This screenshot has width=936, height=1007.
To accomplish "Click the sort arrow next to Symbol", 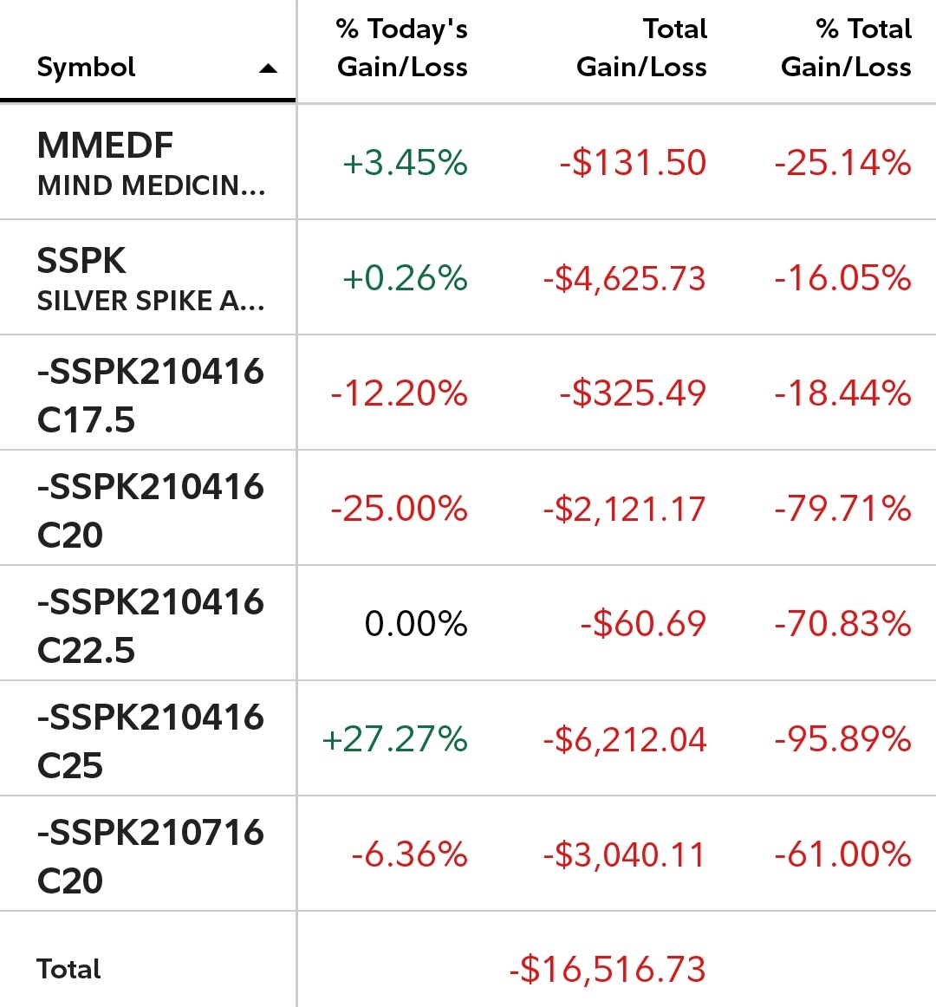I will pyautogui.click(x=269, y=68).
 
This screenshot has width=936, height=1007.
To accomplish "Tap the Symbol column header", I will pyautogui.click(x=87, y=68).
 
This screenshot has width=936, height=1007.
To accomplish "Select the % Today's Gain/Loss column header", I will pyautogui.click(x=402, y=49).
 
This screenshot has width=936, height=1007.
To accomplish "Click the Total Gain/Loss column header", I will pyautogui.click(x=641, y=49).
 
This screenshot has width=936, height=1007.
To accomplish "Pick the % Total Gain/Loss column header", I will pyautogui.click(x=846, y=49).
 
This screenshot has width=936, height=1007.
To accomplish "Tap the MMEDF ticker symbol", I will pyautogui.click(x=106, y=146).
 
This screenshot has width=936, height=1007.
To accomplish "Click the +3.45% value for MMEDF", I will pyautogui.click(x=405, y=163).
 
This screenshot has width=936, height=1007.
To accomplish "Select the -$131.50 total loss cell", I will pyautogui.click(x=633, y=163).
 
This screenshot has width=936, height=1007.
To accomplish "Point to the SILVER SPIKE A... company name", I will pyautogui.click(x=151, y=301).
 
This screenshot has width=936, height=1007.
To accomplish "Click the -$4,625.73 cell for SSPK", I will pyautogui.click(x=625, y=278).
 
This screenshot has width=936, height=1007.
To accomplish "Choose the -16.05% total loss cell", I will pyautogui.click(x=842, y=278).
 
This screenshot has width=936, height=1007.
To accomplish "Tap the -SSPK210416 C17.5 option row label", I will pyautogui.click(x=150, y=395).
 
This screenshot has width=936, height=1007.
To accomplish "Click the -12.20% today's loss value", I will pyautogui.click(x=399, y=393).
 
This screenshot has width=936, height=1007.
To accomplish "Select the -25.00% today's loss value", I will pyautogui.click(x=399, y=509).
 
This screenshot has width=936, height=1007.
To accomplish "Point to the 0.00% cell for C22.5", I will pyautogui.click(x=416, y=624).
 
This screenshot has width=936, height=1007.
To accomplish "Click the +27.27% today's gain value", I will pyautogui.click(x=394, y=739).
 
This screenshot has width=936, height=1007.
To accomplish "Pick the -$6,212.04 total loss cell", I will pyautogui.click(x=625, y=739).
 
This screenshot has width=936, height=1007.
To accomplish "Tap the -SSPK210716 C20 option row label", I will pyautogui.click(x=150, y=856).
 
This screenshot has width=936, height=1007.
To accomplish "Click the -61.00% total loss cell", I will pyautogui.click(x=842, y=854).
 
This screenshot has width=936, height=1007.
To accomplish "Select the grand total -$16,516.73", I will pyautogui.click(x=608, y=969).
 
